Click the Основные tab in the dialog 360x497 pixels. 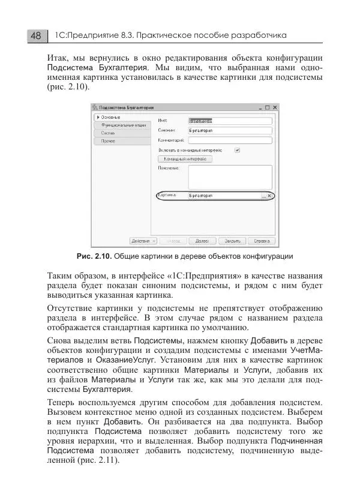pos(111,116)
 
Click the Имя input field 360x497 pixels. pos(230,120)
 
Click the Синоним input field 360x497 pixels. pos(230,130)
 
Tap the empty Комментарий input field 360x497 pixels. pos(230,140)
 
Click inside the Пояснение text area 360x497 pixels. pos(230,178)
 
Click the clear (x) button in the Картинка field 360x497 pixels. pos(269,196)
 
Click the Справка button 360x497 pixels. pos(260,241)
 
